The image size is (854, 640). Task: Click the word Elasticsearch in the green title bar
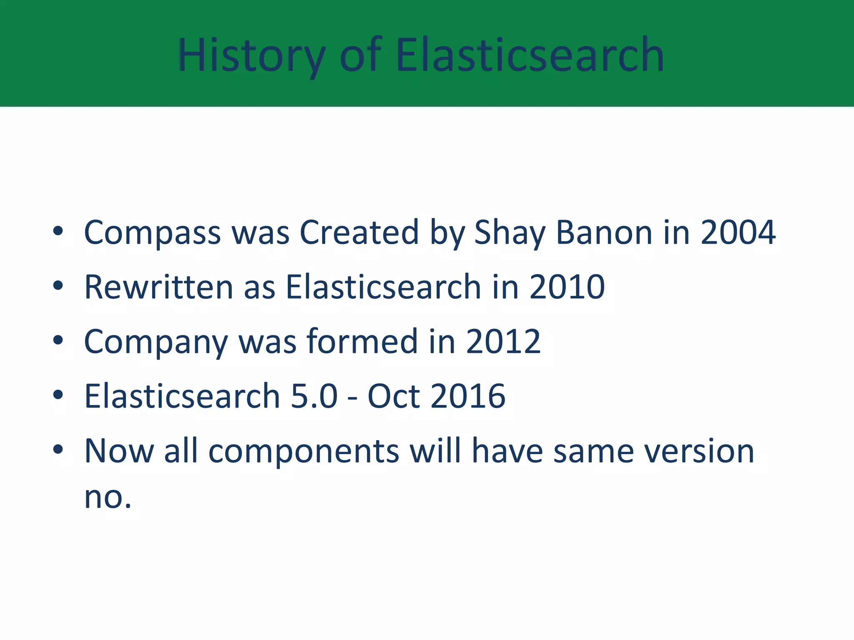coord(530,55)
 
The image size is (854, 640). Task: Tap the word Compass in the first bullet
coord(152,232)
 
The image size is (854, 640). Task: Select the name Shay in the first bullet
coord(510,232)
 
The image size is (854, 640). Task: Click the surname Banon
coord(604,232)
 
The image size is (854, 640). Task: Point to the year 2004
coord(738,232)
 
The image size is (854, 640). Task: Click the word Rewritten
coord(158,287)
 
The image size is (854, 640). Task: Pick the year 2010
coord(567,287)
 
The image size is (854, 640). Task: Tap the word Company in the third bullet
coord(156,342)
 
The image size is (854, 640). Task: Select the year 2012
coord(503,342)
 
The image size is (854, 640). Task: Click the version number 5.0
coord(314,396)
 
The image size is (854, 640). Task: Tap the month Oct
coord(394,396)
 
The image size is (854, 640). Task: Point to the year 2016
coord(468,396)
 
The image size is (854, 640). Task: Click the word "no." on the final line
coord(108,497)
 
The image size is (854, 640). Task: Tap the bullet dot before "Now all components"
coord(58,449)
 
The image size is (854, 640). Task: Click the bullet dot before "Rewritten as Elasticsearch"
coord(58,285)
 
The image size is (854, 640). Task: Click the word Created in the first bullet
coord(359,232)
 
